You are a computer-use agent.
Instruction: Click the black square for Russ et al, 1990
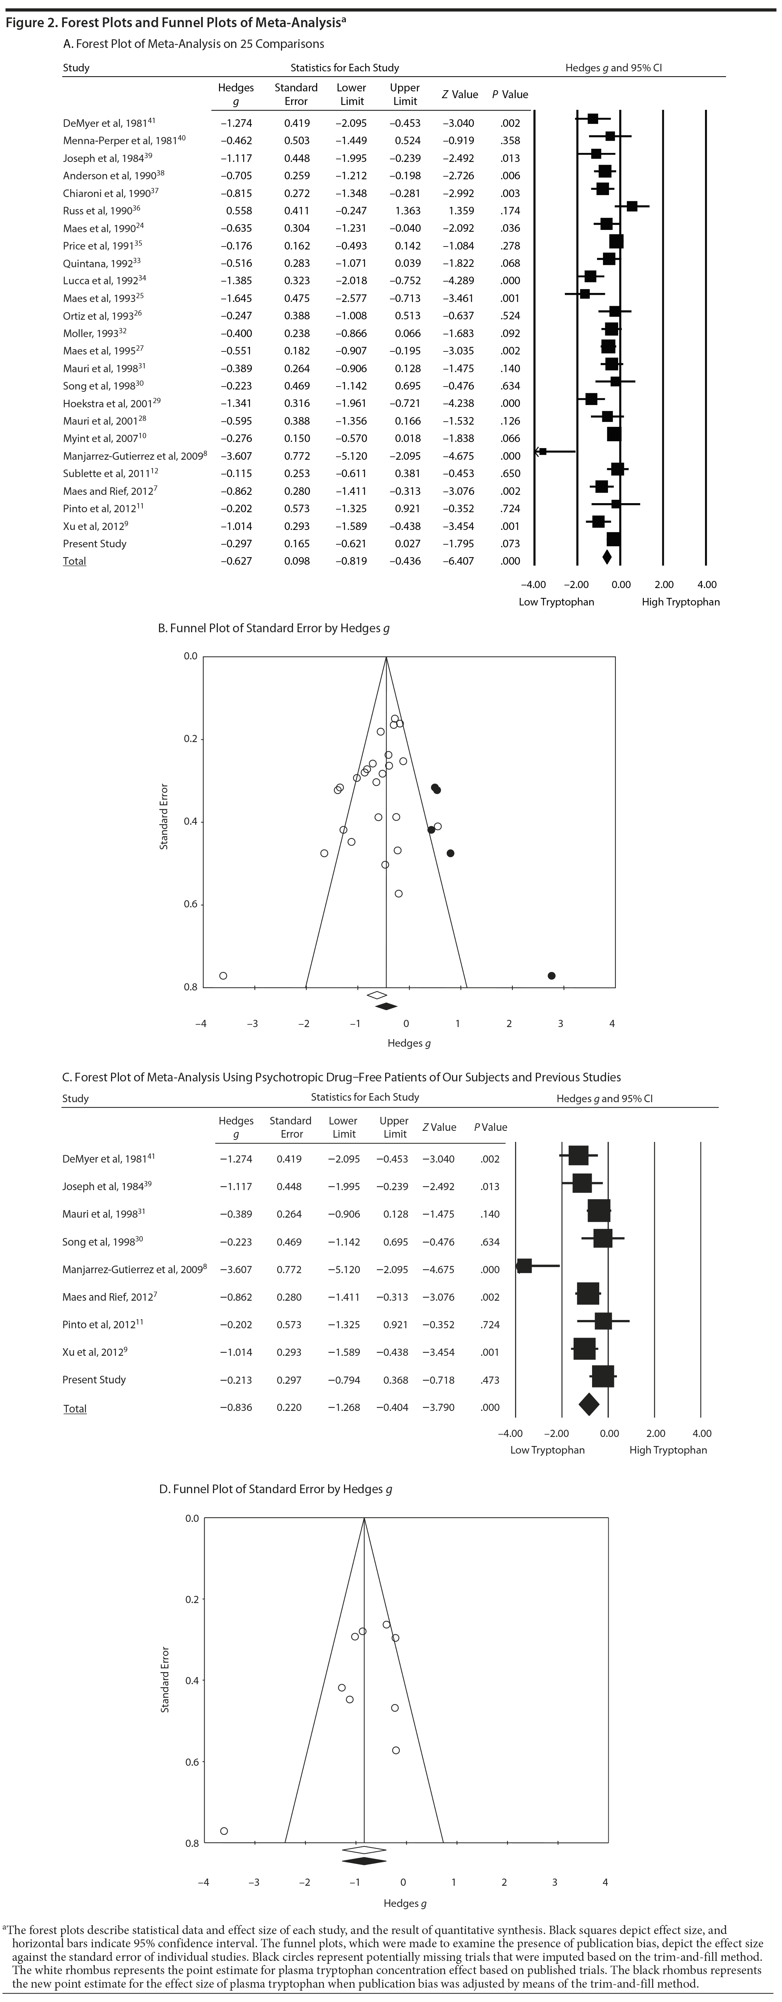click(632, 206)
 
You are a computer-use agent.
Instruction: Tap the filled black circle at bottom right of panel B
click(551, 975)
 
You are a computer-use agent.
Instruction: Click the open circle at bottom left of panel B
click(223, 975)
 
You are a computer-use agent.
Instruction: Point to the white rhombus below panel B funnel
click(377, 995)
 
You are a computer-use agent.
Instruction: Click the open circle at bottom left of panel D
click(224, 1831)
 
